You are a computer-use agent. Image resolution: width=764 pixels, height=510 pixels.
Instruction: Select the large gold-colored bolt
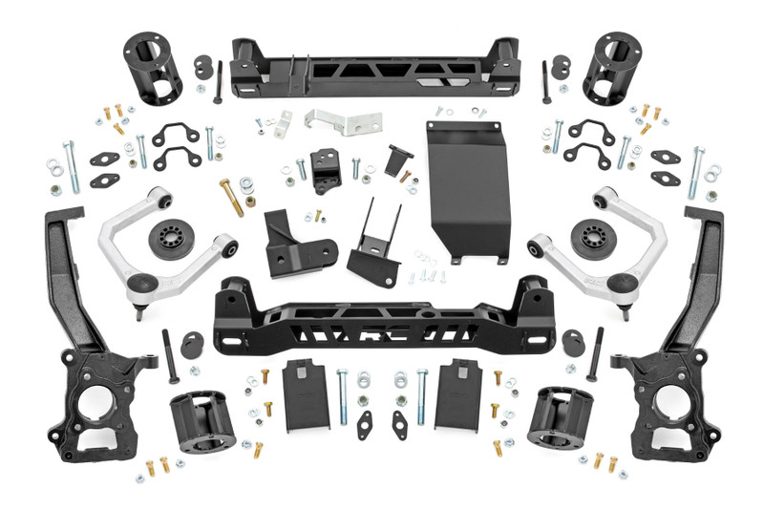(x=231, y=197)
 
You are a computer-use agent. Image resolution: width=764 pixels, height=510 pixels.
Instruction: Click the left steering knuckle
(x=96, y=344)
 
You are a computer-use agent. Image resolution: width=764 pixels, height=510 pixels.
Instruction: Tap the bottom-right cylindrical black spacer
(x=560, y=421)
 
